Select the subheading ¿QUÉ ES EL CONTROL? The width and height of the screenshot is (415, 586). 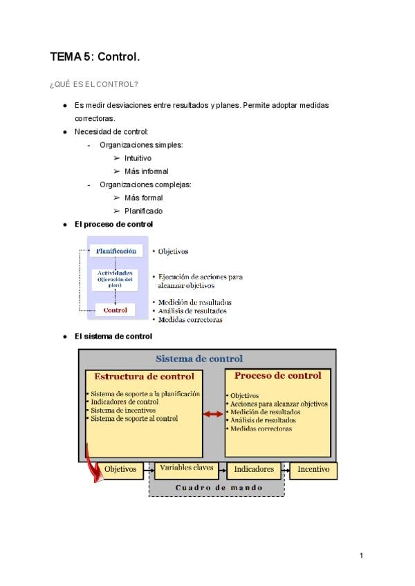click(94, 84)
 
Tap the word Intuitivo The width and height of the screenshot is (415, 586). click(138, 158)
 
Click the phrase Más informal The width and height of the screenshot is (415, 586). click(147, 171)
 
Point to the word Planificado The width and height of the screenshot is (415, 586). click(144, 211)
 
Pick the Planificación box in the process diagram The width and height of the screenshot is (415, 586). click(116, 251)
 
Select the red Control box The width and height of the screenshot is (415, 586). click(115, 310)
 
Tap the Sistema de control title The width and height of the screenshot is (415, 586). click(199, 359)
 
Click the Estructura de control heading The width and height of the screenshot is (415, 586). click(144, 377)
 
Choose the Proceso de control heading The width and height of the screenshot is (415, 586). click(278, 376)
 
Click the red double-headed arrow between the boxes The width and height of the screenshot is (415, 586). click(214, 414)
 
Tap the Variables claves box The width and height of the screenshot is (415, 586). click(186, 469)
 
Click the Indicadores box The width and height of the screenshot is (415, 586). click(254, 469)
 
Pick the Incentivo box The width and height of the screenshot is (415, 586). click(313, 470)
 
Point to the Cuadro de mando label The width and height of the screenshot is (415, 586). click(219, 487)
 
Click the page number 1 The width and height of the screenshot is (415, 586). click(361, 556)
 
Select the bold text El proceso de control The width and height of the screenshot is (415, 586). click(113, 225)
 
